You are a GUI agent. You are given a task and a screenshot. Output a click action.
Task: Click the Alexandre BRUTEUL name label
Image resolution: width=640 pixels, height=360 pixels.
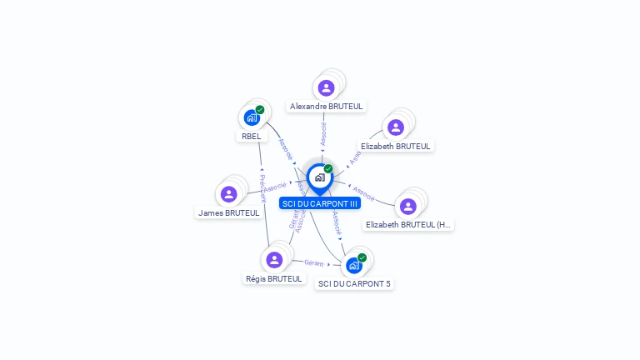pyautogui.click(x=327, y=107)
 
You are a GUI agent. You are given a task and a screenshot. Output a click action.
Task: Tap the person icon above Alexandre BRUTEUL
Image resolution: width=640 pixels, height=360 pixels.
pyautogui.click(x=326, y=87)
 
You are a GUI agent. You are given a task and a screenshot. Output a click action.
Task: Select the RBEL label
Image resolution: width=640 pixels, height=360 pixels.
pyautogui.click(x=252, y=136)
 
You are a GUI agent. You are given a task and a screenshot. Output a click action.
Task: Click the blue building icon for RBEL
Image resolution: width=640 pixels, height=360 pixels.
pyautogui.click(x=251, y=118)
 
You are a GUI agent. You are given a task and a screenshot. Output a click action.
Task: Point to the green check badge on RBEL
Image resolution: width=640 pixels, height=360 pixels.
pyautogui.click(x=260, y=110)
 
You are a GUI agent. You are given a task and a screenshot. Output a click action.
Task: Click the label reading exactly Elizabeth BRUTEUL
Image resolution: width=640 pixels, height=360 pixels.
pyautogui.click(x=396, y=146)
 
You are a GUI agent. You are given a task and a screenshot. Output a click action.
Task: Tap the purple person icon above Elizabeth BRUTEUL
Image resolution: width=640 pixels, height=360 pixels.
pyautogui.click(x=396, y=127)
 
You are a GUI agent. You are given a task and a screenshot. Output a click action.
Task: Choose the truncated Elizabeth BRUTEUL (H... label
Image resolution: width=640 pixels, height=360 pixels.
pyautogui.click(x=408, y=224)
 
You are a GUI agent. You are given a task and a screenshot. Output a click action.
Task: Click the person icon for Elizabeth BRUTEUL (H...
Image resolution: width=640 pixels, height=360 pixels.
pyautogui.click(x=407, y=206)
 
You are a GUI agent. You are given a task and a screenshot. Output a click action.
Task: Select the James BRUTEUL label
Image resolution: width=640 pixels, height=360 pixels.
pyautogui.click(x=228, y=212)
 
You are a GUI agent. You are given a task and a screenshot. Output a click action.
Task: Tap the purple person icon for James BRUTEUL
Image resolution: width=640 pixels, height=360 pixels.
pyautogui.click(x=228, y=194)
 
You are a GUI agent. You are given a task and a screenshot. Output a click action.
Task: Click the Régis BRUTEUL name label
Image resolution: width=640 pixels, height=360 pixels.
pyautogui.click(x=274, y=278)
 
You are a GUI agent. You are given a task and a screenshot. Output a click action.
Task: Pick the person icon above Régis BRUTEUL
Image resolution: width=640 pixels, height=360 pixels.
pyautogui.click(x=274, y=259)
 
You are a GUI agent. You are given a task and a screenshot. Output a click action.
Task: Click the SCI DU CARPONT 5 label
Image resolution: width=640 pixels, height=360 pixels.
pyautogui.click(x=354, y=283)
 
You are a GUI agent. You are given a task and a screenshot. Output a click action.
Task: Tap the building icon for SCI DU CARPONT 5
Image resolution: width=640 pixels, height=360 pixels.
pyautogui.click(x=353, y=266)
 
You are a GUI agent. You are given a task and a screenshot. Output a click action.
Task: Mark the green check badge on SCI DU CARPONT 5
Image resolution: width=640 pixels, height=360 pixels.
pyautogui.click(x=362, y=257)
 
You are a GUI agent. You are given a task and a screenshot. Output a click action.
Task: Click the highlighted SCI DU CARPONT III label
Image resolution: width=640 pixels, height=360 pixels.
pyautogui.click(x=320, y=203)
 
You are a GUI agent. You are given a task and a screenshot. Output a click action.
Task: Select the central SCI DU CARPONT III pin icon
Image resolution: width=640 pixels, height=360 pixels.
pyautogui.click(x=319, y=177)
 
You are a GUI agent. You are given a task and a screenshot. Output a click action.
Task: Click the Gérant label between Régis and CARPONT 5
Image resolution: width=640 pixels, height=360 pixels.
pyautogui.click(x=313, y=262)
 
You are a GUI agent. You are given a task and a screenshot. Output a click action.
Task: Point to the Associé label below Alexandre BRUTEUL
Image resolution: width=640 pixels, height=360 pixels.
pyautogui.click(x=323, y=133)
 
